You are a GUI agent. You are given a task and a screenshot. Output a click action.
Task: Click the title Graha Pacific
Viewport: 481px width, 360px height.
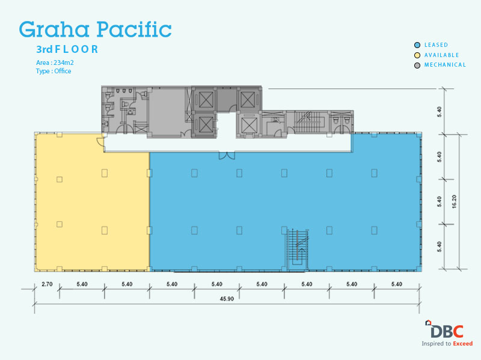[95, 29]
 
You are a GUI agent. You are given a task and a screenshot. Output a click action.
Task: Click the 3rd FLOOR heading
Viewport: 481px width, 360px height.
[67, 49]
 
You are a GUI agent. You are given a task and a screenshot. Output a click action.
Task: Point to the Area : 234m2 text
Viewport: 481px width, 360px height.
[55, 63]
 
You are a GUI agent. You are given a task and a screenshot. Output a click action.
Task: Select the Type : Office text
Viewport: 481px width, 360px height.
[54, 71]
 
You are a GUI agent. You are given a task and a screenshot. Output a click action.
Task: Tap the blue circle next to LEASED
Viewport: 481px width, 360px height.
[417, 45]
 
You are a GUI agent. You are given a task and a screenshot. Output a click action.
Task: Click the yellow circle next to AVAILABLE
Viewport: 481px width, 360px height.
[417, 55]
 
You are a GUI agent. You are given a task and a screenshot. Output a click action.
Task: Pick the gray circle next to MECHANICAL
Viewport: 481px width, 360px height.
[417, 66]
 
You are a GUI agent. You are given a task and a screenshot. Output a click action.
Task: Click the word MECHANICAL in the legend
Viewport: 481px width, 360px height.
[445, 65]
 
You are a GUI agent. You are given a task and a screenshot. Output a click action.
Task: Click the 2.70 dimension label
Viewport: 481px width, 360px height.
[47, 284]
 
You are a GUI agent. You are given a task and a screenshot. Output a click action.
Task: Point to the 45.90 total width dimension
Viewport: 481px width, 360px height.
[227, 299]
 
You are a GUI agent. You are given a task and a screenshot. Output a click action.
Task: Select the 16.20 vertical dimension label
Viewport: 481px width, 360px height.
[454, 201]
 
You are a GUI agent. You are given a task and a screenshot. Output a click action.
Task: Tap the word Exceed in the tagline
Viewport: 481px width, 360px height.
[463, 344]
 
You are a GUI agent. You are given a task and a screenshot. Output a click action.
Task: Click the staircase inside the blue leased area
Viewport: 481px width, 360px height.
[297, 249]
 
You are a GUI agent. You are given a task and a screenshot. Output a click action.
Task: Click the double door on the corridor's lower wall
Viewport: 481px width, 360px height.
[227, 156]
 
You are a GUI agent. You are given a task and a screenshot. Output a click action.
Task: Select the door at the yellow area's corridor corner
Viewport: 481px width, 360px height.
[100, 142]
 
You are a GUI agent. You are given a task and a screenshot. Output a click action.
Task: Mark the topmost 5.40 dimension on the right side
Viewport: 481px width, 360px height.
[440, 112]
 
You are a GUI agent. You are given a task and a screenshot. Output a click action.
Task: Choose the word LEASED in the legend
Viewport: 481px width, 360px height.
[437, 45]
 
